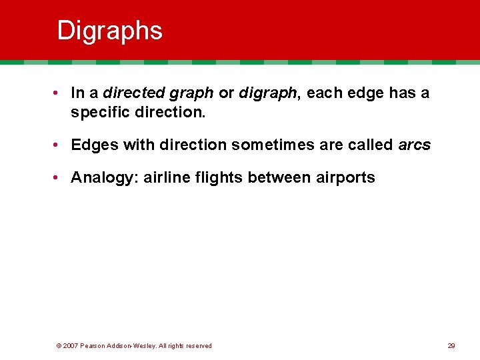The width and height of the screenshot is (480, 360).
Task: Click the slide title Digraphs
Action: [x=109, y=31]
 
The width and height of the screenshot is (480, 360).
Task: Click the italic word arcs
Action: [x=415, y=145]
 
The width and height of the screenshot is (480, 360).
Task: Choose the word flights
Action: [x=214, y=177]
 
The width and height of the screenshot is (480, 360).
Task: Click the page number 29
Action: [x=451, y=346]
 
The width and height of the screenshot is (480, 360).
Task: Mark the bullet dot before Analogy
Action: [x=60, y=177]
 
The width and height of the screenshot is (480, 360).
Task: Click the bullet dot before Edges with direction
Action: [x=60, y=145]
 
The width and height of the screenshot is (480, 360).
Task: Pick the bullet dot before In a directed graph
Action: [x=60, y=93]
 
